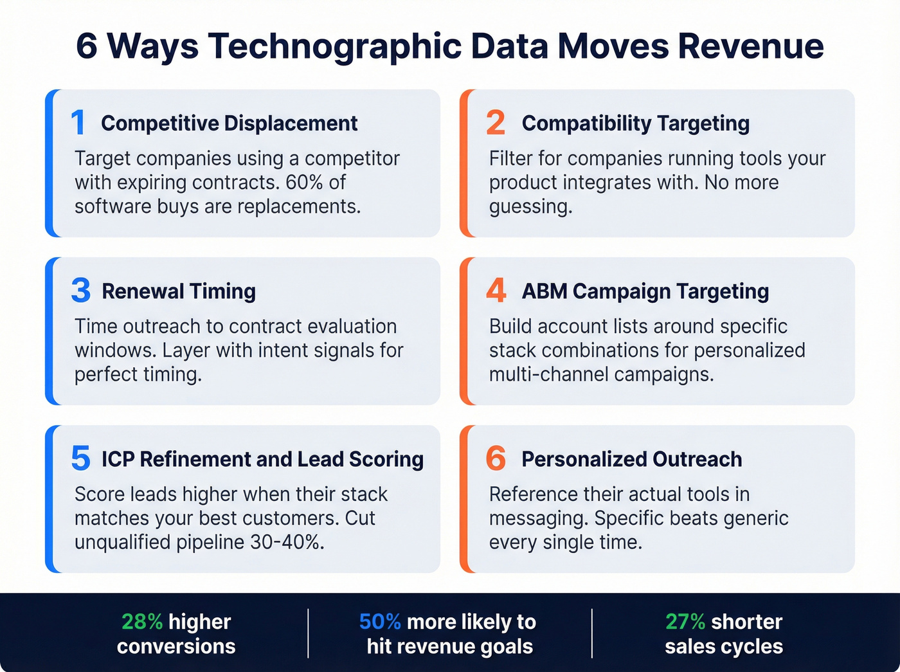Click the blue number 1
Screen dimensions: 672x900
coord(78,123)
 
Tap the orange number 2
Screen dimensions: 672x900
coord(496,123)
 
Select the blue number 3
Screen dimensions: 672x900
coord(81,291)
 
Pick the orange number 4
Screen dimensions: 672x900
coord(496,291)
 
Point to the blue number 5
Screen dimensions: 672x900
coord(81,459)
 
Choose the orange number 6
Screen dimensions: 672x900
coord(496,459)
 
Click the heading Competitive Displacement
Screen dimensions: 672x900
coord(230,123)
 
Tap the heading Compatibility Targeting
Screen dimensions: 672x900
coord(636,123)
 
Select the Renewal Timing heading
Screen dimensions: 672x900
coord(179,291)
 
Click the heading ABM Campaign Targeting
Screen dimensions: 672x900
coord(645,291)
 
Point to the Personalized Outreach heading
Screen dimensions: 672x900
coord(632,459)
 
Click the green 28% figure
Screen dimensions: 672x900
coord(142,622)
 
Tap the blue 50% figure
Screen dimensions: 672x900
coord(380,622)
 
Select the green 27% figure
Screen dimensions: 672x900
coord(685,622)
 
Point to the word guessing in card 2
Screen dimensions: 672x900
coord(530,207)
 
